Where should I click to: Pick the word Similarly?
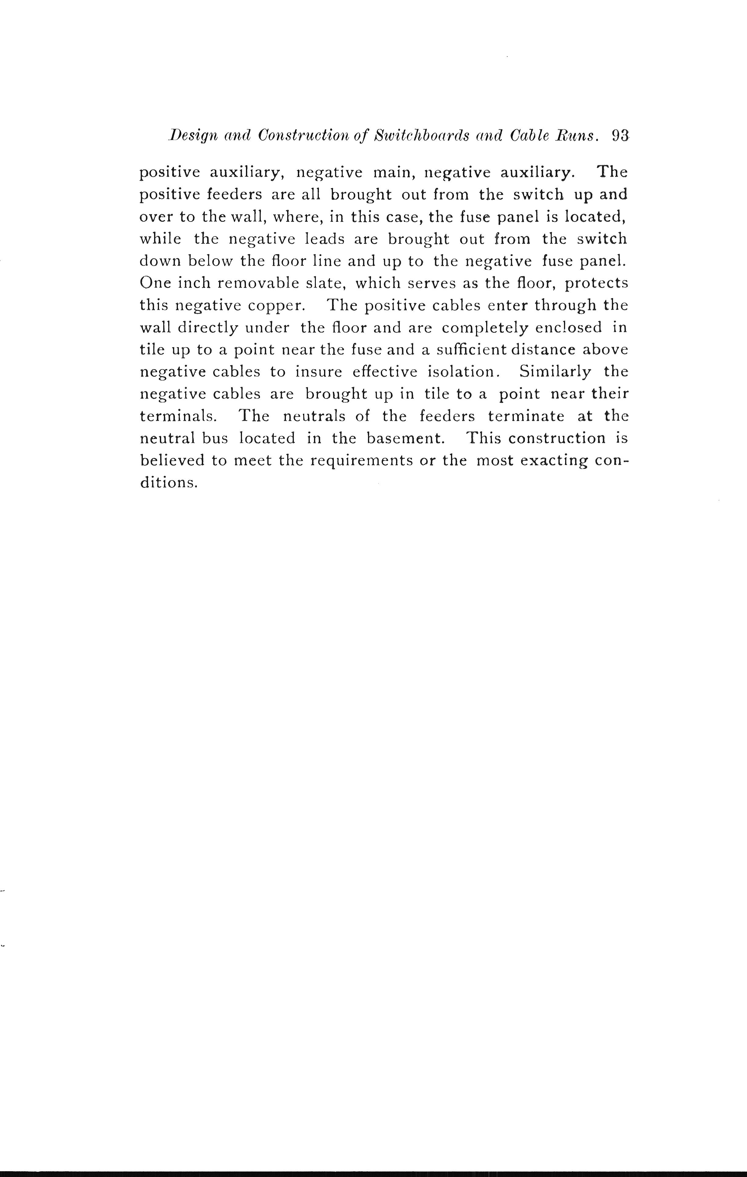click(555, 372)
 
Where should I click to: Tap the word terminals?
click(179, 416)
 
